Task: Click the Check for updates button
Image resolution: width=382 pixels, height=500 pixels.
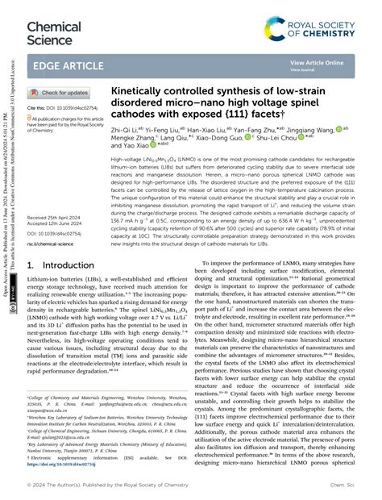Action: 60,93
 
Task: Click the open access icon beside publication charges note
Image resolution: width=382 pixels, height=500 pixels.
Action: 30,118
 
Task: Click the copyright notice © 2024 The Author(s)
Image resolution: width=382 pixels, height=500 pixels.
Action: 93,488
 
